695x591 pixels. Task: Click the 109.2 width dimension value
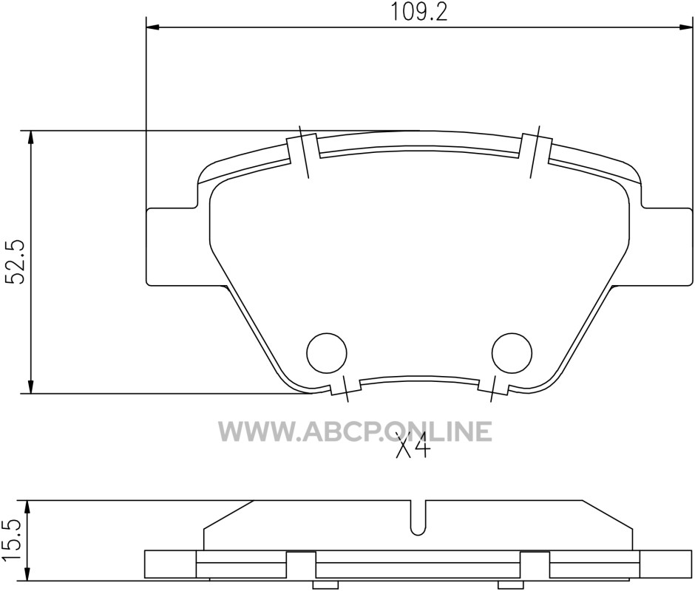click(418, 12)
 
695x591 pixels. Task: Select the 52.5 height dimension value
click(17, 262)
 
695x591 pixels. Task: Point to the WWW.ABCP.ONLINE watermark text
click(355, 431)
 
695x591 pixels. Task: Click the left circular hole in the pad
click(327, 353)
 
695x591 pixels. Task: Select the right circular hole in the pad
click(512, 353)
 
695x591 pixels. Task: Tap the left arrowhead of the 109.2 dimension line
click(152, 28)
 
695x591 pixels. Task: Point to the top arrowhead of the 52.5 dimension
click(30, 137)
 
